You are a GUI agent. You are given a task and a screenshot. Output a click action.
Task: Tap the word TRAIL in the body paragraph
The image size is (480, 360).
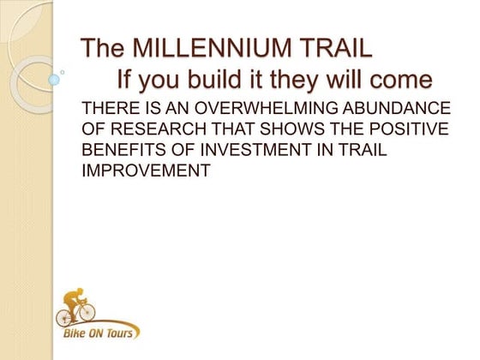(x=367, y=151)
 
